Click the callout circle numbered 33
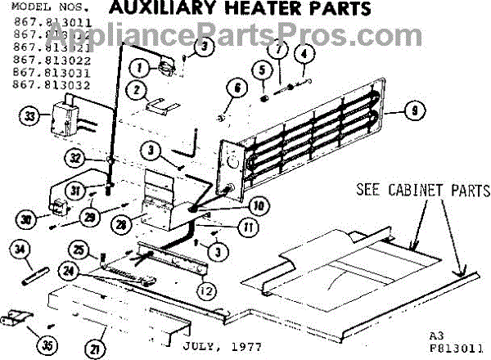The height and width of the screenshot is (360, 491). click(x=30, y=116)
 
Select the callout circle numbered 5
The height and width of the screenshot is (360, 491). click(x=263, y=71)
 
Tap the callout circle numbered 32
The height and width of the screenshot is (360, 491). click(x=76, y=157)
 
